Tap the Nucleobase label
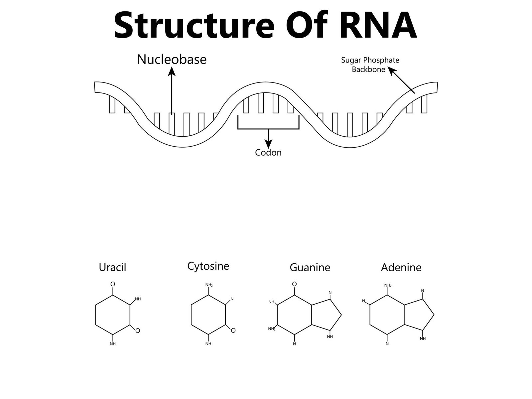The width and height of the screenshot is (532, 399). coord(172,60)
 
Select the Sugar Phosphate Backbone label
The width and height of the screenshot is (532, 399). coord(370,65)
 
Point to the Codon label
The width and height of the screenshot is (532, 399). coord(268,153)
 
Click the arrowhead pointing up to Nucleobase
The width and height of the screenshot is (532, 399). coord(172,71)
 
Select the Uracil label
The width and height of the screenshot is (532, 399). coord(112,267)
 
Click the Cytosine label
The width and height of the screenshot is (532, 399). coord(208,266)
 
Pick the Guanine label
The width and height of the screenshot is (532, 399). coord(310,267)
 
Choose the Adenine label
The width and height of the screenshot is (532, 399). coord(401,267)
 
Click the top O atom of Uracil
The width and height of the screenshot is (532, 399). coord(113,284)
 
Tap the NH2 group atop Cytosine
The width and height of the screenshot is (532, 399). coord(209,285)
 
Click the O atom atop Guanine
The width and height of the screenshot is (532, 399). coord(294,284)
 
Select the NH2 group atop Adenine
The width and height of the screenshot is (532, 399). coord(388,285)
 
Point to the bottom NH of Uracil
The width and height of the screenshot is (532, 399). coord(113,344)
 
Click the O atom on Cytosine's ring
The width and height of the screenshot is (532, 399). coord(233,331)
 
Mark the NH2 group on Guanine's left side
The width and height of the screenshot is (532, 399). coord(272,329)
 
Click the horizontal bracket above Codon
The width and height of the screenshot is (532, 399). coord(268,129)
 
